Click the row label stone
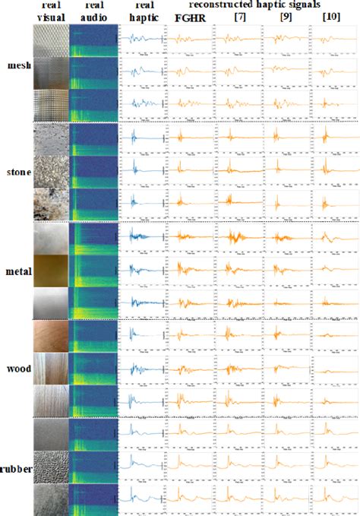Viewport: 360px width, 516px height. click(17, 172)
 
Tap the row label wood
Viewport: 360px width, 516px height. click(17, 371)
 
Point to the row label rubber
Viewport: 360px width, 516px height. click(16, 470)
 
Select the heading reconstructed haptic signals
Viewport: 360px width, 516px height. click(257, 5)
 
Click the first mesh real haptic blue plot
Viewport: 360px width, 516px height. click(142, 40)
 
